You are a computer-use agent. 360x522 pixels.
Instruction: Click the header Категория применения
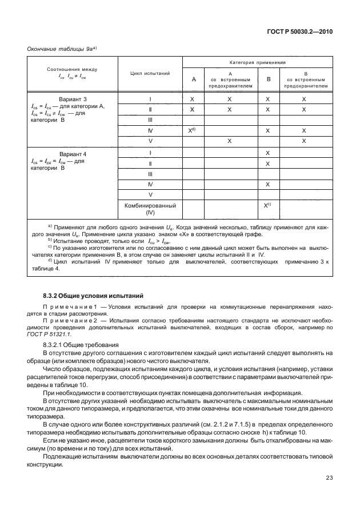(262, 62)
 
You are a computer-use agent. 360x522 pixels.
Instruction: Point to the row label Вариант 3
(71, 99)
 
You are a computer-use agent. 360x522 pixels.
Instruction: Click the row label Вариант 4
(71, 154)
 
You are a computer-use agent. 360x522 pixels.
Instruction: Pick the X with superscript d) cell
(193, 130)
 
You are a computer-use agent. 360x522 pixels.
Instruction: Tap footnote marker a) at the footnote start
(50, 227)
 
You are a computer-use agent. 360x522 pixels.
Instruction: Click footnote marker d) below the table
(50, 261)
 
